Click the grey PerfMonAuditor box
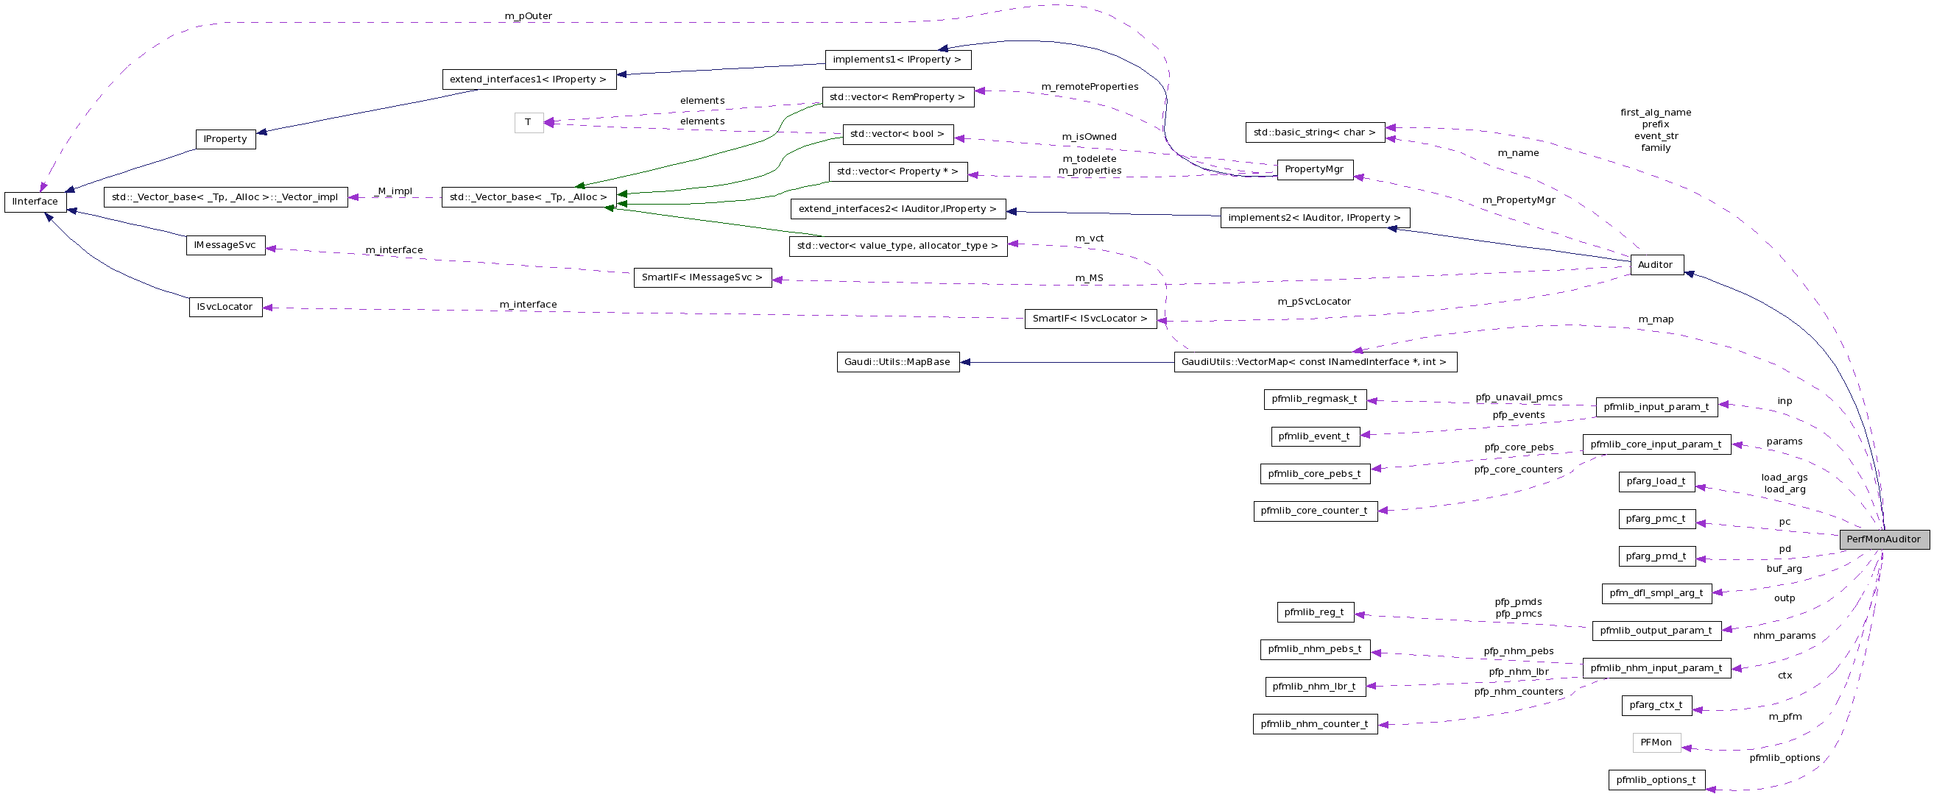pyautogui.click(x=1883, y=539)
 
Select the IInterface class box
pyautogui.click(x=35, y=202)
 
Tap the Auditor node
pyautogui.click(x=1656, y=265)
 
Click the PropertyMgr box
pyautogui.click(x=1314, y=169)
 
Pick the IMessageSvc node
pyautogui.click(x=225, y=245)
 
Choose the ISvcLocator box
pyautogui.click(x=225, y=307)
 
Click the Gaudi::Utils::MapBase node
pyautogui.click(x=897, y=362)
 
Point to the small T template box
pyautogui.click(x=529, y=122)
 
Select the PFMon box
pyautogui.click(x=1656, y=742)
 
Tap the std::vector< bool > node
pyautogui.click(x=897, y=135)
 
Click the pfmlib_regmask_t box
pyautogui.click(x=1314, y=400)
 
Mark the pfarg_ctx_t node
pyautogui.click(x=1656, y=705)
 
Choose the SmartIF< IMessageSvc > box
pyautogui.click(x=702, y=277)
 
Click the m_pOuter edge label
pyautogui.click(x=528, y=15)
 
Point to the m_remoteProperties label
pyautogui.click(x=1090, y=87)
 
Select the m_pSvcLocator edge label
pyautogui.click(x=1314, y=302)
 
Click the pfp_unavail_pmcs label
pyautogui.click(x=1519, y=398)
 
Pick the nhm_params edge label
pyautogui.click(x=1784, y=636)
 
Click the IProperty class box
pyautogui.click(x=225, y=140)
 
